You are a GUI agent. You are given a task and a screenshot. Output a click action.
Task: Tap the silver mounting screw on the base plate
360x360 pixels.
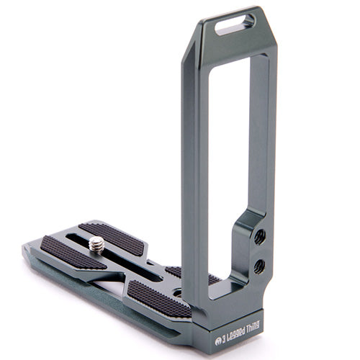click(x=96, y=245)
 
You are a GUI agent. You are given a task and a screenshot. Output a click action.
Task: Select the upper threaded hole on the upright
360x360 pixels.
click(x=260, y=236)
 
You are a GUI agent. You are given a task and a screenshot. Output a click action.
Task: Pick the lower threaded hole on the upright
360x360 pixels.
click(x=259, y=266)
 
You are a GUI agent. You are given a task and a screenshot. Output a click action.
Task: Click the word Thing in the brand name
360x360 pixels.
click(x=251, y=336)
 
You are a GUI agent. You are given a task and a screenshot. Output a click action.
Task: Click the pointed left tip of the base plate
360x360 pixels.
click(x=26, y=248)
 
